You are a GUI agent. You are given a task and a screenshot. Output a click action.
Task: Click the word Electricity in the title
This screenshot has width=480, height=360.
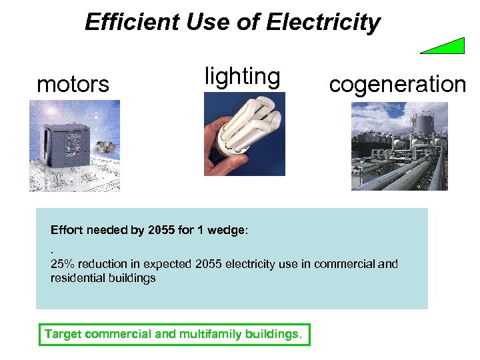pos(323,23)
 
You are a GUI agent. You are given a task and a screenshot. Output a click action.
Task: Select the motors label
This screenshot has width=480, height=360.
pos(73,85)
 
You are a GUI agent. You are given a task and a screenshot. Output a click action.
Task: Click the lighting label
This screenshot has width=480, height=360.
pos(242,77)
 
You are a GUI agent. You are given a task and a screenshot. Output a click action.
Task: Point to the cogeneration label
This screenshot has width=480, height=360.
pos(397,85)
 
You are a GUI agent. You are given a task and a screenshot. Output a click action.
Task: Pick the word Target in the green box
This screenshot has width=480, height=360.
pos(61,334)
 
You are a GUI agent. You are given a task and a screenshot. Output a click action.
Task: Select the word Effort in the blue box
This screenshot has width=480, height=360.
pos(66,231)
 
